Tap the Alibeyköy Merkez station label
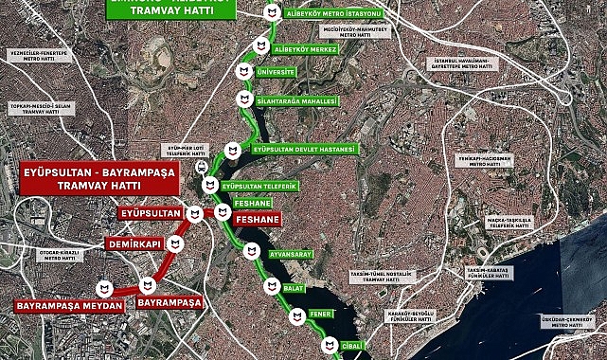[297, 47]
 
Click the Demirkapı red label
[132, 243]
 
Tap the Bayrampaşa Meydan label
[69, 305]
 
